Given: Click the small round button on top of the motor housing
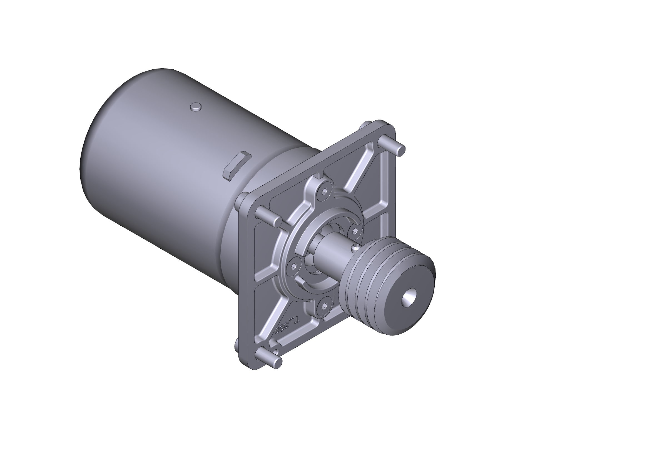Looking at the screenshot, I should [196, 107].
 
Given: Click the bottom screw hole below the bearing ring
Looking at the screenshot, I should [324, 306].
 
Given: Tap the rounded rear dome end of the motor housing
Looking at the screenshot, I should [93, 158].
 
